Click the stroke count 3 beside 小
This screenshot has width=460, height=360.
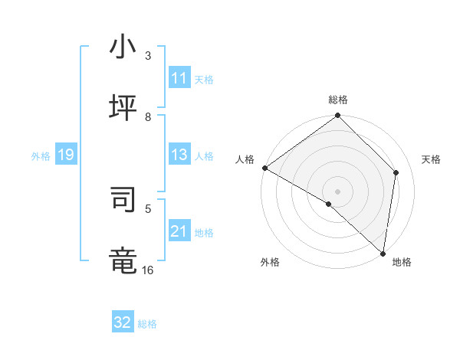(x=148, y=56)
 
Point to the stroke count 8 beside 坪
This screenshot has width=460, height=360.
(x=148, y=116)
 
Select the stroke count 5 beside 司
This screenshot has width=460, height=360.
(x=148, y=208)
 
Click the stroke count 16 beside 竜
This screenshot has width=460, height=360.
(x=148, y=269)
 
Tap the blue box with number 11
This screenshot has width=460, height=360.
(x=179, y=78)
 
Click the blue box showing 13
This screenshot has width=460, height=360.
(x=179, y=155)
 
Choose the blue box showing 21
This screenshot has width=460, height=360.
(x=179, y=231)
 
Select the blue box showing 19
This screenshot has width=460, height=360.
(x=66, y=155)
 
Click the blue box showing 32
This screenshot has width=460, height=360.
(x=123, y=322)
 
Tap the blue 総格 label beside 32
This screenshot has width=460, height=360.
(x=147, y=324)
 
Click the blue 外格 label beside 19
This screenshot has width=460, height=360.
(x=41, y=156)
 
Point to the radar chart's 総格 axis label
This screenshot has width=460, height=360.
(x=338, y=100)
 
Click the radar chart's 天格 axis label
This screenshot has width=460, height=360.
(x=431, y=159)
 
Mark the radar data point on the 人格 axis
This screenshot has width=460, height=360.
(x=264, y=168)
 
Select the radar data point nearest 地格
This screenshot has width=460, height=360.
(x=383, y=254)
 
